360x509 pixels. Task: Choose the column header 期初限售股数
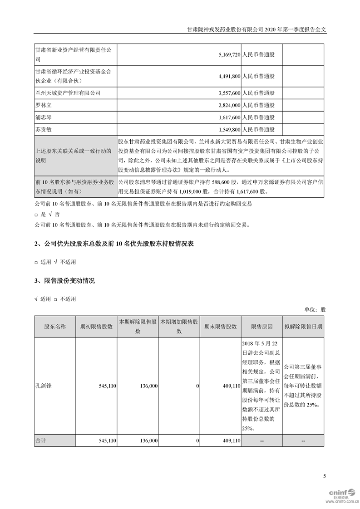(96, 327)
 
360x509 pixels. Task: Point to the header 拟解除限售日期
(303, 327)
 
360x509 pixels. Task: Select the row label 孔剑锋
(44, 386)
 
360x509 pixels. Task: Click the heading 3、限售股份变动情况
(64, 281)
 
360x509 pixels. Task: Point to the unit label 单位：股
(315, 310)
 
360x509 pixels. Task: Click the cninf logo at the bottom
(341, 494)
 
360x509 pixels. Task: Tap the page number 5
(324, 476)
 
